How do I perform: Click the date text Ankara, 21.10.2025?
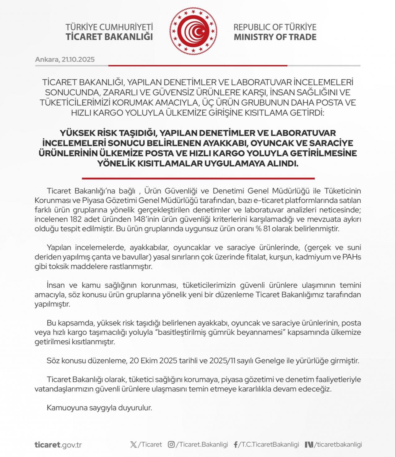[65, 59]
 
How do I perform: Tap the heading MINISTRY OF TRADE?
[275, 37]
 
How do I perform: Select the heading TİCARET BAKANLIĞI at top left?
[109, 37]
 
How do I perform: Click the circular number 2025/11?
[222, 361]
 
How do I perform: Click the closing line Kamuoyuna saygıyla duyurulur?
[99, 408]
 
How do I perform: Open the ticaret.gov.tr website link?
[58, 445]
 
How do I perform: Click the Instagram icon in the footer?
[171, 445]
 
